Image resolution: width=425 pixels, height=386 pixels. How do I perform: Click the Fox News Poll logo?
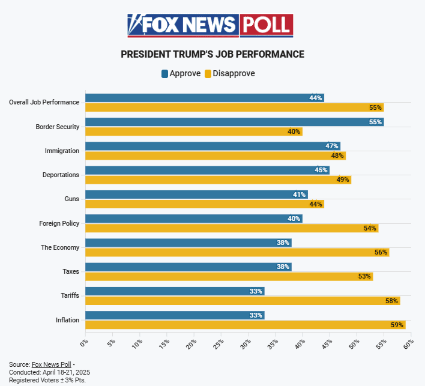tap(210, 25)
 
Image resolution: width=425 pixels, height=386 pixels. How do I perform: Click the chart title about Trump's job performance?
tap(212, 55)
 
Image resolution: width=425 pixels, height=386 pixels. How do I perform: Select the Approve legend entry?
tap(181, 73)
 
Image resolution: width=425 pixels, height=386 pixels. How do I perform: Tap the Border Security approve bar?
tap(234, 122)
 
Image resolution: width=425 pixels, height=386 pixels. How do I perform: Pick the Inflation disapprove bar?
tap(245, 325)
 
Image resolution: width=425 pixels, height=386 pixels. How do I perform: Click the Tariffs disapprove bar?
tap(242, 301)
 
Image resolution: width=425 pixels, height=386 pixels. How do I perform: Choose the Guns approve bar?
tap(196, 195)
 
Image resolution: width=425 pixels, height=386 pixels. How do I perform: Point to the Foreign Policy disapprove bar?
tap(231, 228)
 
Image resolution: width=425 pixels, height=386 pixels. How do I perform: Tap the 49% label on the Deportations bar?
tap(343, 179)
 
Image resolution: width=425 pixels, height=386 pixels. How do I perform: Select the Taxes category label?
tap(71, 271)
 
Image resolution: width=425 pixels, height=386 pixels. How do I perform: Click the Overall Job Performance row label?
tap(44, 102)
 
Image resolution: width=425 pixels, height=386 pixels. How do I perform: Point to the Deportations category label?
tap(61, 175)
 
